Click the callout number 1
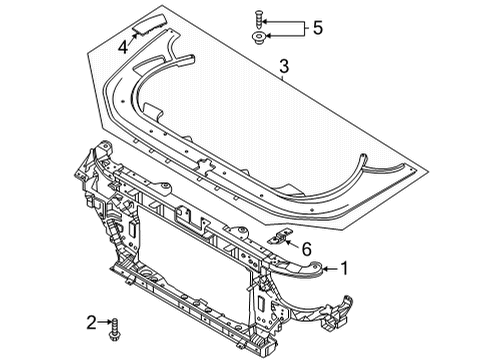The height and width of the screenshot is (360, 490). point(344,268)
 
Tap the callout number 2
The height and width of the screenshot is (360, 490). point(91,322)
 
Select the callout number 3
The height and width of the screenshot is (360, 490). point(284,66)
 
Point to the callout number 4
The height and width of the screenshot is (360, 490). point(123,47)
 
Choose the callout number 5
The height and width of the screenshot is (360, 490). point(318,28)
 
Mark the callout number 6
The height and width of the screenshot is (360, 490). point(306,249)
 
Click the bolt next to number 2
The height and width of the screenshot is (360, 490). point(114,329)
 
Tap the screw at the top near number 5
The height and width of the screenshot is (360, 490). point(259,20)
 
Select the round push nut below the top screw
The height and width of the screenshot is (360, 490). point(259,37)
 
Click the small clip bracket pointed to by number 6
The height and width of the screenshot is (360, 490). point(279,236)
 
